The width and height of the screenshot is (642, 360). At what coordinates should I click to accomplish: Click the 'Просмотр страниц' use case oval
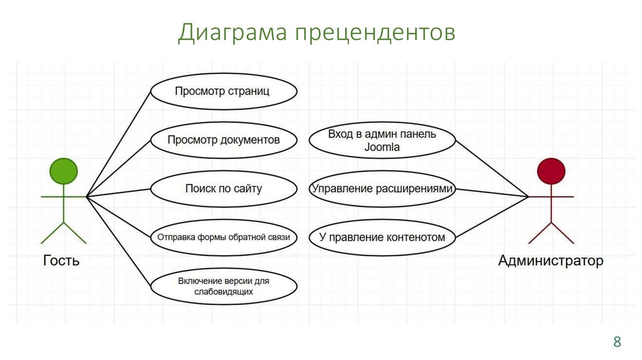(223, 92)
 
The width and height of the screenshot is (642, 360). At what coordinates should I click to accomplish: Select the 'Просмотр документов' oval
(223, 140)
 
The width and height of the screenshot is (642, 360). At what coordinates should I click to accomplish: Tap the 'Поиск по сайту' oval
(223, 188)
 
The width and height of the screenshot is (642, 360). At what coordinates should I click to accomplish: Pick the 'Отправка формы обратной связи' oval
(223, 237)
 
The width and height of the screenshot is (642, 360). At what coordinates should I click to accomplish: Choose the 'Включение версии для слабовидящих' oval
(223, 286)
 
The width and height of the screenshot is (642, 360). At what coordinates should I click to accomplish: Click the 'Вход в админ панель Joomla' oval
(382, 141)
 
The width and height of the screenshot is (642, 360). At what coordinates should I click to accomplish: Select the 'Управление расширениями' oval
(382, 188)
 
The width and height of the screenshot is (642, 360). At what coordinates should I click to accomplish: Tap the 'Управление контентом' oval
(382, 237)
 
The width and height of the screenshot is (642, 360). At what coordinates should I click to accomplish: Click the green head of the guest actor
(63, 171)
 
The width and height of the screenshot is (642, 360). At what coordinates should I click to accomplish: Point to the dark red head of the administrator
(551, 171)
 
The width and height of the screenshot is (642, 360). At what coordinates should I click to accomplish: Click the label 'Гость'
(61, 260)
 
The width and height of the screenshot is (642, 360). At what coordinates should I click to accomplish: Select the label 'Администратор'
(550, 260)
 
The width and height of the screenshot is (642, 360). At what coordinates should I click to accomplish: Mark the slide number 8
(617, 342)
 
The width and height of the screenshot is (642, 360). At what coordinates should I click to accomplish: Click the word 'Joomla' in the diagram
(382, 147)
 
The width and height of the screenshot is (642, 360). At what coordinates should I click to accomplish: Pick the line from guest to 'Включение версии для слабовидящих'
(118, 241)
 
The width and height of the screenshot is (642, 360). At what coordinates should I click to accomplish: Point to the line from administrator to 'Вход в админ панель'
(492, 168)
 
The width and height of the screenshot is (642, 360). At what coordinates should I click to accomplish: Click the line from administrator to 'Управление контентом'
(492, 217)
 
